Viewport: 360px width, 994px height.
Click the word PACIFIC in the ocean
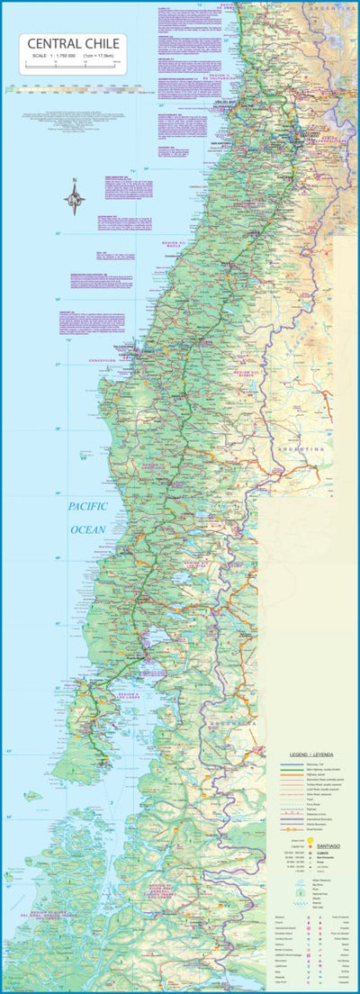pyautogui.click(x=89, y=507)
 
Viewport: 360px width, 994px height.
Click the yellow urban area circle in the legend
pyautogui.click(x=311, y=837)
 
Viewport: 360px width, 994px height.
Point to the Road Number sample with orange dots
pyautogui.click(x=286, y=828)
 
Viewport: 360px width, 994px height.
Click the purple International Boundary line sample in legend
pyautogui.click(x=286, y=814)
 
